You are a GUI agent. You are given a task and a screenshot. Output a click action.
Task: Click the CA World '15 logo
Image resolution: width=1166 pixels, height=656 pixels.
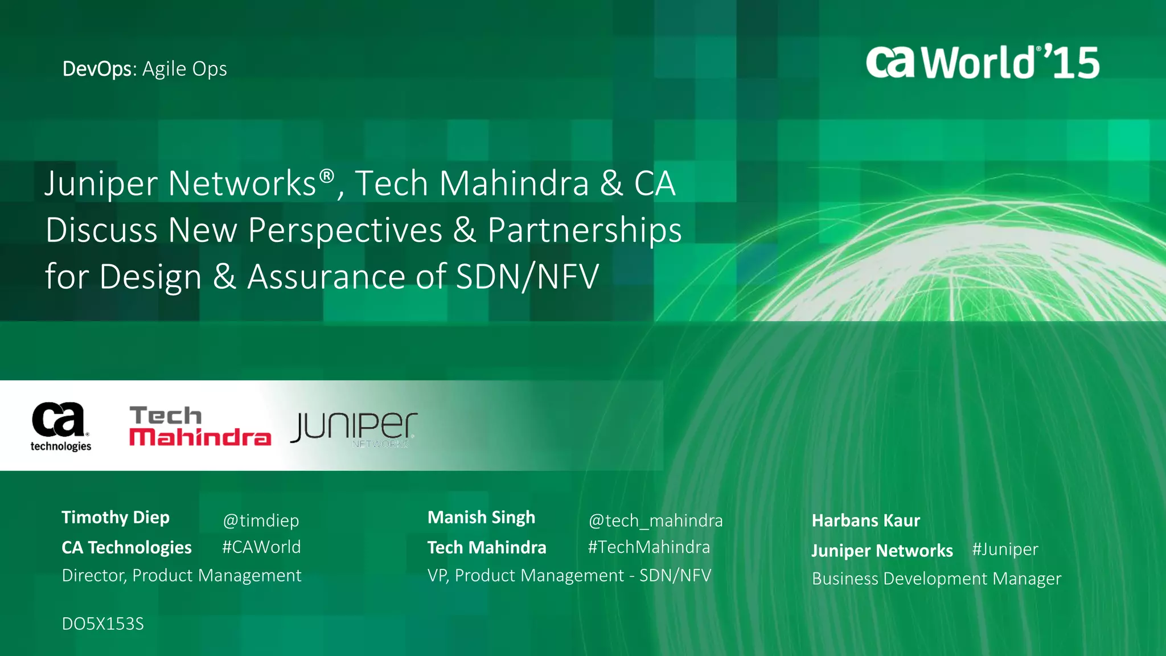click(982, 62)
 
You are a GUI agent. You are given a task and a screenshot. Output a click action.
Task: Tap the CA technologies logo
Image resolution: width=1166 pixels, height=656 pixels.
click(60, 426)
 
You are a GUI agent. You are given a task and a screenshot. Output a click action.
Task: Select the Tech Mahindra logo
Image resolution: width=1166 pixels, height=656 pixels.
click(200, 426)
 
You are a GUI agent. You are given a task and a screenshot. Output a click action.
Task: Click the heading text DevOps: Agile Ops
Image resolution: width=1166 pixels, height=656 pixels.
click(145, 69)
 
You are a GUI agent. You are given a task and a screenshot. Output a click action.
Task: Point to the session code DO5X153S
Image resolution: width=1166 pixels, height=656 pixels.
click(102, 624)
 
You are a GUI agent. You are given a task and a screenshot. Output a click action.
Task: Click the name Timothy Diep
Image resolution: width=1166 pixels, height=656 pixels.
click(116, 517)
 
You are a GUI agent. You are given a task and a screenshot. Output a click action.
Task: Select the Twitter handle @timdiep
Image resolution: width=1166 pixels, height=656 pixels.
click(261, 520)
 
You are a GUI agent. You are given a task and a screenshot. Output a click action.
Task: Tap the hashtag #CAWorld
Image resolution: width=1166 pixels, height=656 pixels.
click(261, 547)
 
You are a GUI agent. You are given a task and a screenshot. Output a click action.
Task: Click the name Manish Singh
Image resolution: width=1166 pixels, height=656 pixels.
click(481, 517)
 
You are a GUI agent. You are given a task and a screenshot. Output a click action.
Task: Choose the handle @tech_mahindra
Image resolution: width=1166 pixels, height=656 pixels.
click(655, 520)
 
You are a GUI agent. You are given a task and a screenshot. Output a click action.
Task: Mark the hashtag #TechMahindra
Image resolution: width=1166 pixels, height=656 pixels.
click(649, 547)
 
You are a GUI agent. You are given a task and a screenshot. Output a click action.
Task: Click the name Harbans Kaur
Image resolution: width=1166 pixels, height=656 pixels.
click(865, 520)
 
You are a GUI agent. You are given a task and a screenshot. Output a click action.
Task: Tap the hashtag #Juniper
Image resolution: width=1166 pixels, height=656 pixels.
click(1005, 550)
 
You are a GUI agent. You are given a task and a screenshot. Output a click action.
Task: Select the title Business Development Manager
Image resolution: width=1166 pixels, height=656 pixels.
click(937, 579)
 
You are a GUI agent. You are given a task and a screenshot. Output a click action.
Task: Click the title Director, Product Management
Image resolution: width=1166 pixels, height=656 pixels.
click(182, 575)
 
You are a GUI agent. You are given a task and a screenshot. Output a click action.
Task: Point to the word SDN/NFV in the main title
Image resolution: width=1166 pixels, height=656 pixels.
click(527, 277)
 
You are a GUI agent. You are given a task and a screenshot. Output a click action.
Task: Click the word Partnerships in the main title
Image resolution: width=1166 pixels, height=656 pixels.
click(585, 230)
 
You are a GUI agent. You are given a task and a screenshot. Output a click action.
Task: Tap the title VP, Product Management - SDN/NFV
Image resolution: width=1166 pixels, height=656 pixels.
click(569, 575)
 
